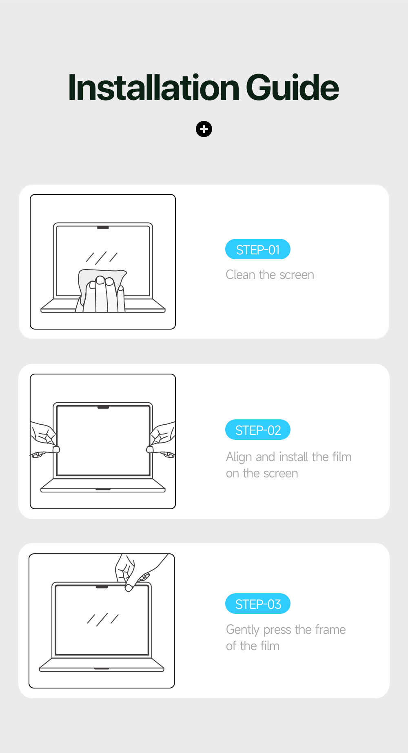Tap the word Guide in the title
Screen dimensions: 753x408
point(292,88)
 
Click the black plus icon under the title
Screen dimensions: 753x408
point(204,129)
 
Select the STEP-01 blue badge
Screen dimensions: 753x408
point(258,250)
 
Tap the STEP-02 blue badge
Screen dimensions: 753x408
point(258,430)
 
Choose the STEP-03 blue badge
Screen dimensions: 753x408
point(258,604)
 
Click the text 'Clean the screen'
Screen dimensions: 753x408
point(270,275)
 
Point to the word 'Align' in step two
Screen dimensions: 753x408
point(239,457)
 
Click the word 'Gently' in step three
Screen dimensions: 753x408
point(243,630)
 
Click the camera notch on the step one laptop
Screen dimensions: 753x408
point(103,227)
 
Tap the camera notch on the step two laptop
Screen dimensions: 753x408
point(103,407)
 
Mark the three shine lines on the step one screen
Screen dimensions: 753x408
point(102,257)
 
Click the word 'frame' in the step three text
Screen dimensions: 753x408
point(330,630)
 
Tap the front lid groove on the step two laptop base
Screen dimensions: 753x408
point(103,489)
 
